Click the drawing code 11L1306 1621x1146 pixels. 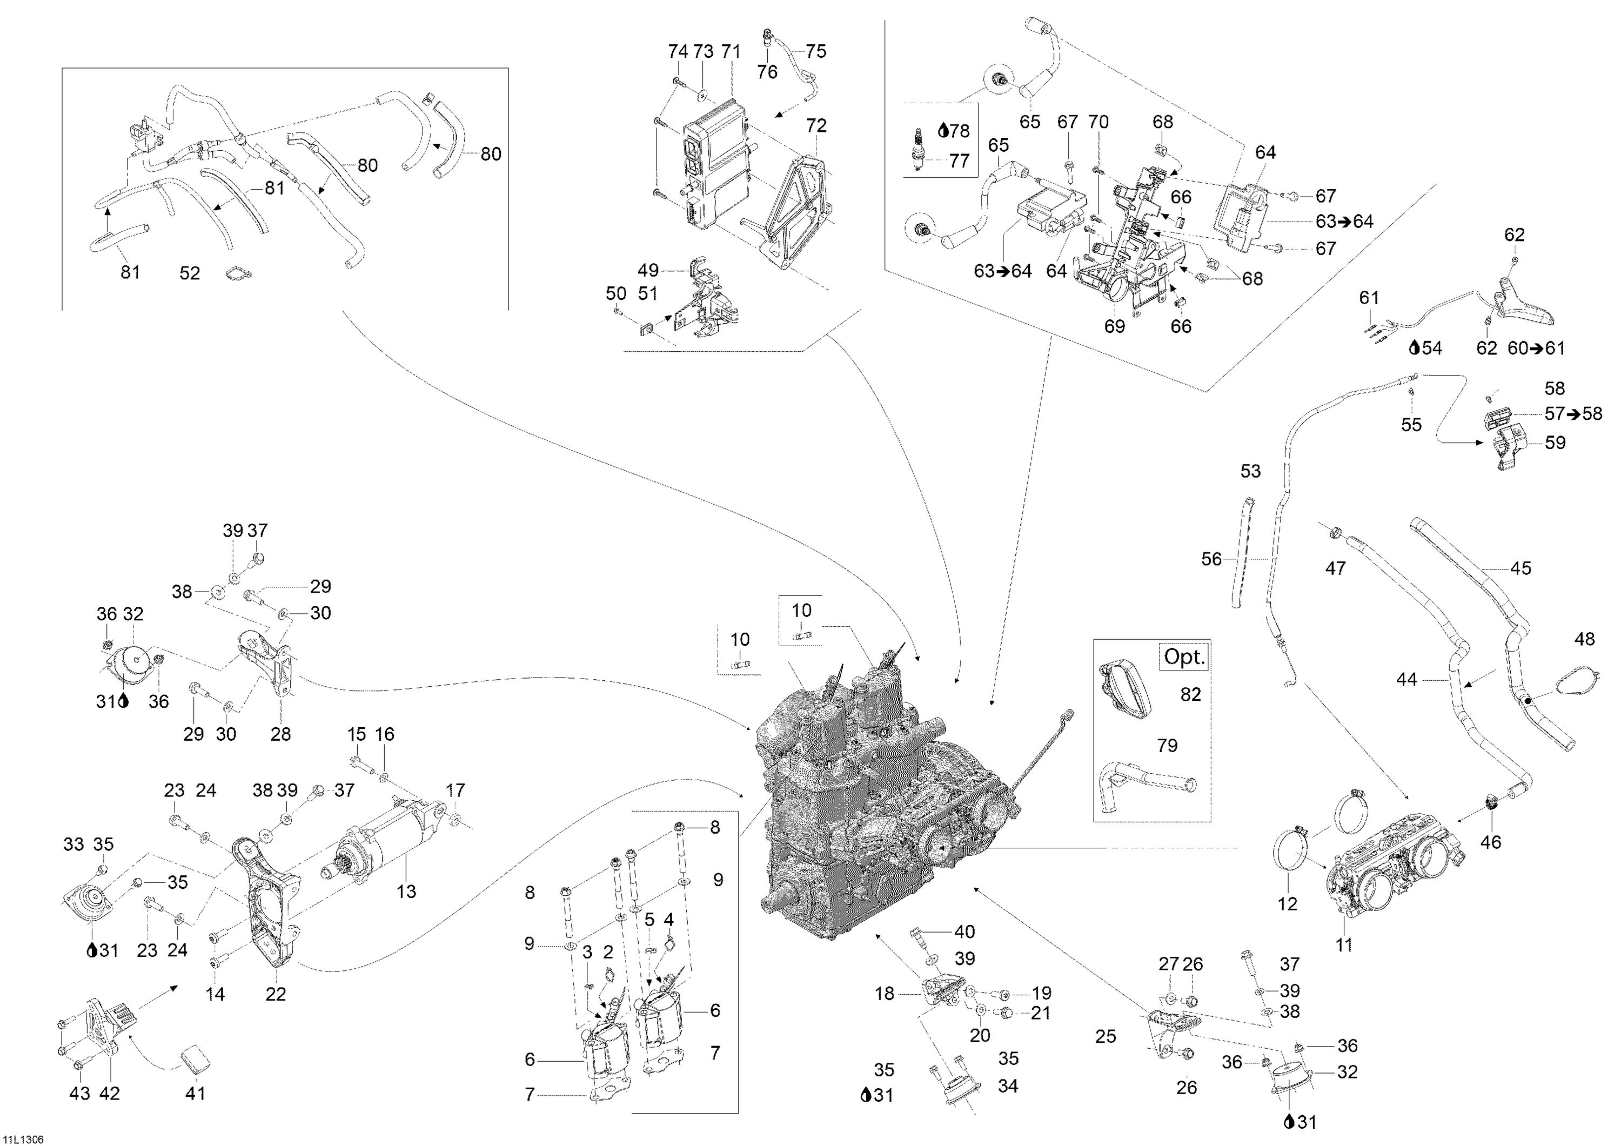[x=23, y=1139]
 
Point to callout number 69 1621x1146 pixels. [x=1114, y=327]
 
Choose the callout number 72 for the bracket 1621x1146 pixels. [x=816, y=126]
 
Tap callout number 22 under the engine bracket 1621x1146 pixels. [x=276, y=994]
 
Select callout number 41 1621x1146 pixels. [x=195, y=1093]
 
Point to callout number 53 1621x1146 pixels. [x=1250, y=471]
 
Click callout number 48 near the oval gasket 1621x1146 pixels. [x=1584, y=639]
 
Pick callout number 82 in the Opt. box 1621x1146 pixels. [x=1190, y=694]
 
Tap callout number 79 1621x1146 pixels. [x=1167, y=745]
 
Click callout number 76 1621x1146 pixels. [x=767, y=71]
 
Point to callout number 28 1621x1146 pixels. [x=280, y=734]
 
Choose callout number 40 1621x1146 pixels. [x=964, y=931]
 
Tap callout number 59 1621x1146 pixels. [x=1555, y=443]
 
